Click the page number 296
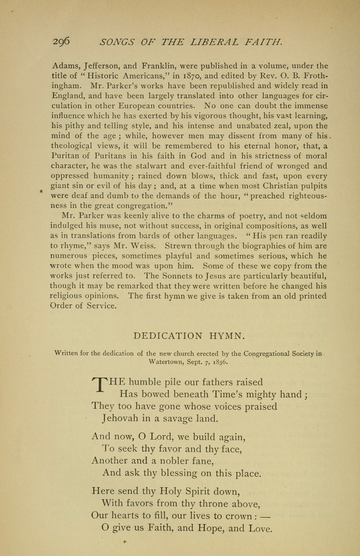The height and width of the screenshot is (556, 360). click(x=61, y=41)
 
